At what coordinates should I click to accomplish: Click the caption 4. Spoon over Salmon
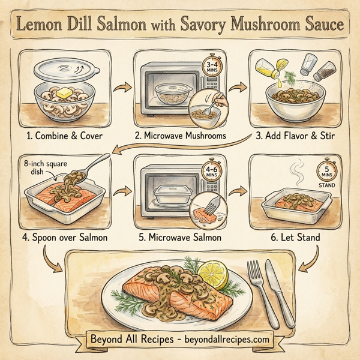click(x=63, y=238)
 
